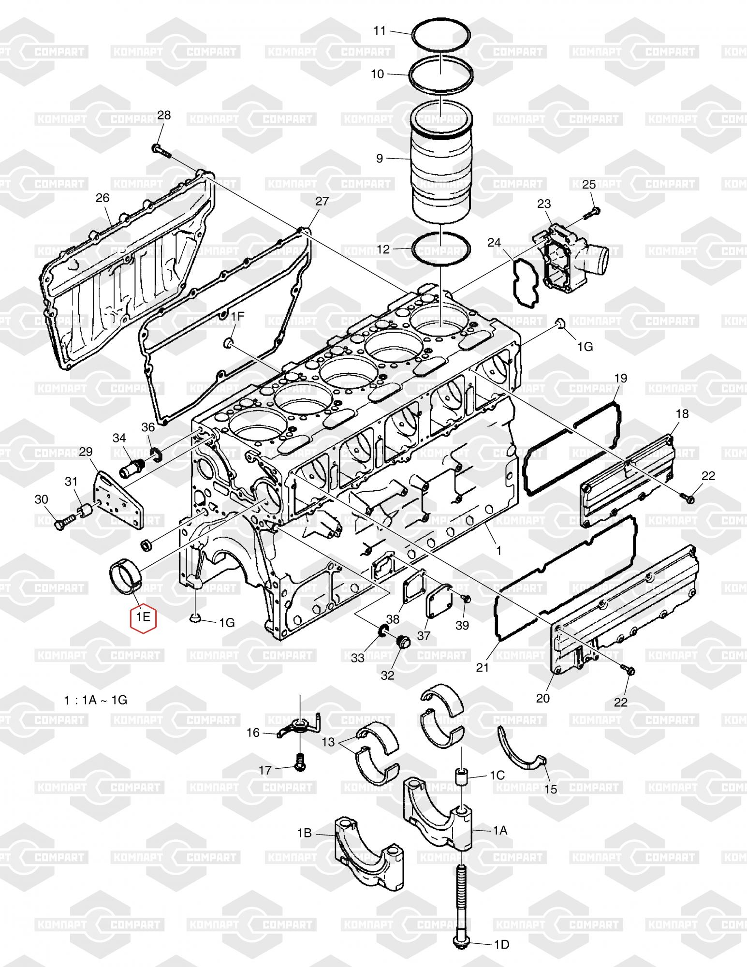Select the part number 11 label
point(380,31)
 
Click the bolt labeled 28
point(161,151)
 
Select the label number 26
point(103,198)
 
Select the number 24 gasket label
point(494,242)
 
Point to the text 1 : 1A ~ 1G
point(96,700)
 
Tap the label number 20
point(543,698)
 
